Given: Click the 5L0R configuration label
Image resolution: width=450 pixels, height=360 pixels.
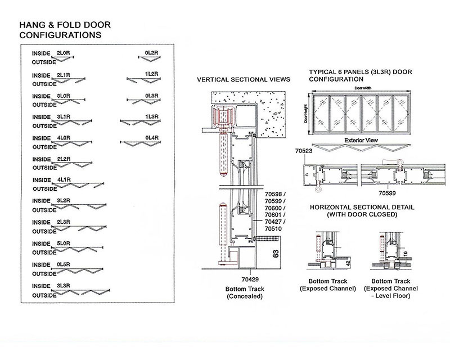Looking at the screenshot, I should click(x=64, y=243).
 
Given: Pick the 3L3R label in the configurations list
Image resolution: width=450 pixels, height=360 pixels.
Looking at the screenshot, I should click(x=64, y=285).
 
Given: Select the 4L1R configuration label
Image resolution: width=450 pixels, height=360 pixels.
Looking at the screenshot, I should click(x=64, y=180).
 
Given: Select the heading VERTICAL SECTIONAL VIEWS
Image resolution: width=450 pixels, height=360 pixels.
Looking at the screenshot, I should click(x=243, y=79).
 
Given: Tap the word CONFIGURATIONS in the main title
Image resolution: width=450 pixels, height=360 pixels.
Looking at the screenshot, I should click(x=60, y=35).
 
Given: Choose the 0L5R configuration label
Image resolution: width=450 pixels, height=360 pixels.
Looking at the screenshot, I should click(x=64, y=264).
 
